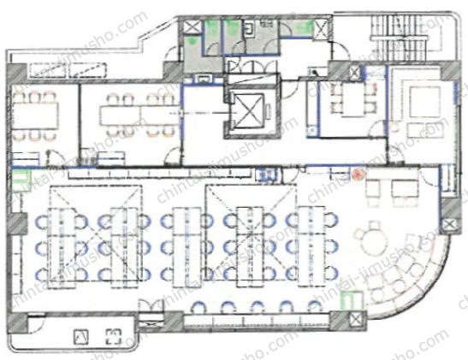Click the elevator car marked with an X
coord(248,110)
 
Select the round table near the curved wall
coord(374,243)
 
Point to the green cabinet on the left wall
coord(21,180)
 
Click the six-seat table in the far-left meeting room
coord(35,115)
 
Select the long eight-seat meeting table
coord(139,115)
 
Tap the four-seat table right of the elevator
coord(353,99)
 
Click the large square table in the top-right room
coord(424,103)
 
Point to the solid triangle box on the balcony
coord(81,336)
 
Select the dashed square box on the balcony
coord(114,336)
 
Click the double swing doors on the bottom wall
coord(151,307)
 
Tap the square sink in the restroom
coord(249,27)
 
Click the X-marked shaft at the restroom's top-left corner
coord(190,27)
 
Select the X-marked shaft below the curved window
coord(355,320)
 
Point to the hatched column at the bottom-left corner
coord(17,322)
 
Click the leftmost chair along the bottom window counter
coord(199,307)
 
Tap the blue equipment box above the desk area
coord(268,175)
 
